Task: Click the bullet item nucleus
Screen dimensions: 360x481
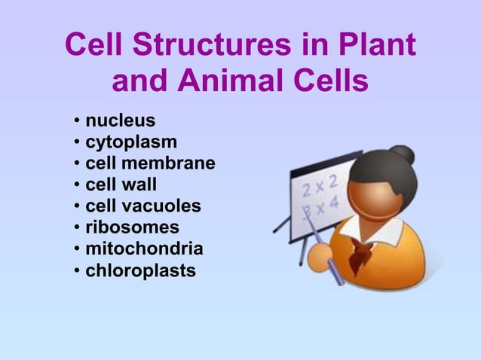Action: click(x=121, y=121)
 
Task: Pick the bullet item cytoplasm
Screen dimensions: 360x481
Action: click(x=132, y=142)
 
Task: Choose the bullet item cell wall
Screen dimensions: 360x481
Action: click(x=121, y=184)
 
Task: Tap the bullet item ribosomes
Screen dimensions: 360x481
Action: click(x=133, y=227)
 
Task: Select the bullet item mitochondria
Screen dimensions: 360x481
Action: click(x=144, y=248)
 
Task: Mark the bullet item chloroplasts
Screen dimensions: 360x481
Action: click(x=141, y=269)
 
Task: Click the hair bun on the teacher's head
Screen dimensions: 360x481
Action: click(x=403, y=155)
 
